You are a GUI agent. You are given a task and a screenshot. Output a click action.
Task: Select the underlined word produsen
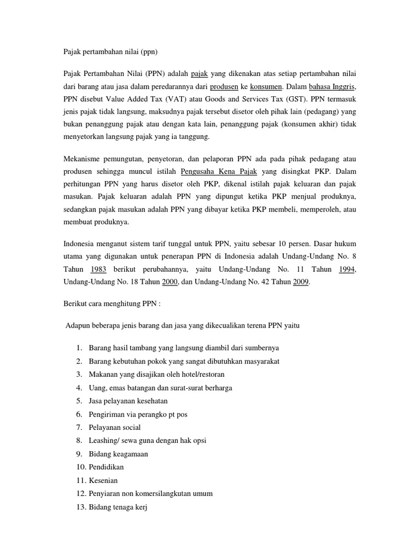224,86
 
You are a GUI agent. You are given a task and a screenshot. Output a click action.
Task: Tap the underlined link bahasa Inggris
332,86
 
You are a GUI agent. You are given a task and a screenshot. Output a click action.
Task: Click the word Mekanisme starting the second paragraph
84,159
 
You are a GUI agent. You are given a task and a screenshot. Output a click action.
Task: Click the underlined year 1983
98,269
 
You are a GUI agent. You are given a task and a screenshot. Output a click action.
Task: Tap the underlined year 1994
347,269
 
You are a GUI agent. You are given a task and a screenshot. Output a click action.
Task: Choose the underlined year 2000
170,282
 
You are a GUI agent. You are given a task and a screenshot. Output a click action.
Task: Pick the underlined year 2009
301,282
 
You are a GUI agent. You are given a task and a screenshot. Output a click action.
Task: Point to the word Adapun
79,325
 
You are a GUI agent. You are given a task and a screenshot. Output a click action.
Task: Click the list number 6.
79,414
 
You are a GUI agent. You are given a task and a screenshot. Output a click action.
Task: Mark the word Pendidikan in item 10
107,467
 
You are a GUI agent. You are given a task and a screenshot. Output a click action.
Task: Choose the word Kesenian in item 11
104,480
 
